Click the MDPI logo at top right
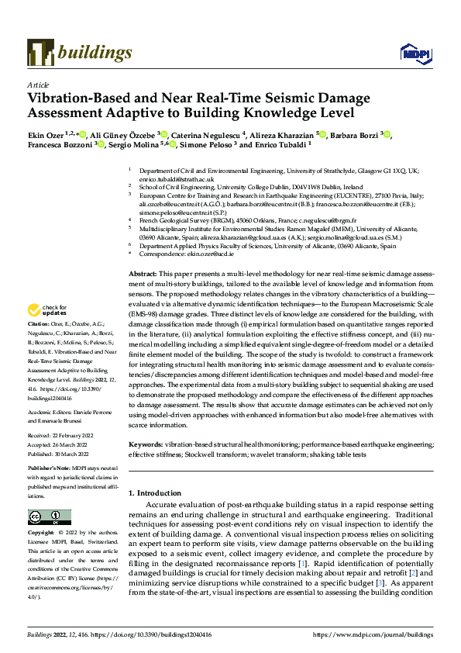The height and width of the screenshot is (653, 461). tap(413, 53)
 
